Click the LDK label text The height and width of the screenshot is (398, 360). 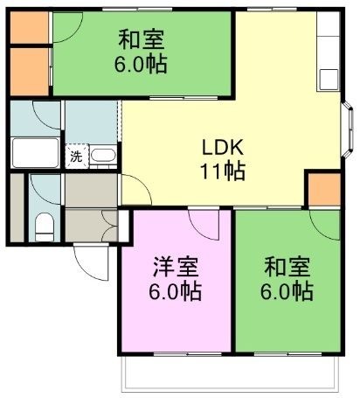(x=223, y=148)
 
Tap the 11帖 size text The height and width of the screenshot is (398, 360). (x=223, y=171)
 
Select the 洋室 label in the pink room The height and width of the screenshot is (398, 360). (x=176, y=267)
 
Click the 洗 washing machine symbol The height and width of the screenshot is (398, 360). (x=76, y=157)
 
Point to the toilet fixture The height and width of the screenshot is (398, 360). (x=45, y=227)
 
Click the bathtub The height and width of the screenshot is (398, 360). (x=36, y=152)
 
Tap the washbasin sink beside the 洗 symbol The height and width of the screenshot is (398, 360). (x=103, y=156)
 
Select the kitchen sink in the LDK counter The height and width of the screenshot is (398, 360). (x=329, y=80)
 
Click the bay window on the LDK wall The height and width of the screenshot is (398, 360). (x=348, y=129)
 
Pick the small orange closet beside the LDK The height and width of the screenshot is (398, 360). (x=324, y=189)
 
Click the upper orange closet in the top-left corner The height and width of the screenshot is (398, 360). (x=29, y=27)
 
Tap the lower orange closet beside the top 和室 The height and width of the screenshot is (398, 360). (x=29, y=72)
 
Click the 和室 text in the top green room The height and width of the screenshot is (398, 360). (x=142, y=39)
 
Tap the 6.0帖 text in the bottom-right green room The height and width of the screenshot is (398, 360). (x=287, y=290)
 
